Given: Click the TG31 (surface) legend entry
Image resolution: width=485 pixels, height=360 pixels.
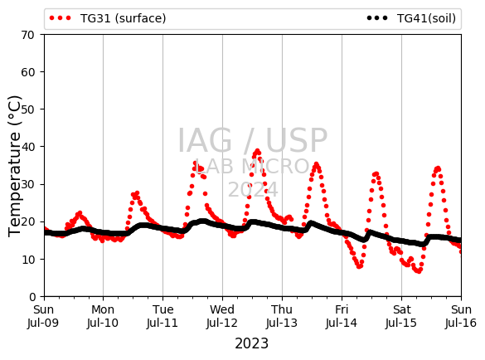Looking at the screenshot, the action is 108,18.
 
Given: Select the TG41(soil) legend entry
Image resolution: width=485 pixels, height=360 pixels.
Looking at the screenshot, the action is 411,18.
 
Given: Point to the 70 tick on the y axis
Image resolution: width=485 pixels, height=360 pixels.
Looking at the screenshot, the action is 27,35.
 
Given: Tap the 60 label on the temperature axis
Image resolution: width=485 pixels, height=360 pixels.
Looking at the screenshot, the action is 27,72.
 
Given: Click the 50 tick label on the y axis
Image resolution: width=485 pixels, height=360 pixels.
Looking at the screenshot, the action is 27,109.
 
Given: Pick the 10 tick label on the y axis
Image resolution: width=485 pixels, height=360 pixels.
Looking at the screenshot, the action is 27,260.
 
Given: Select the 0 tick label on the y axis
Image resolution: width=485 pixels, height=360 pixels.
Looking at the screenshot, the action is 32,297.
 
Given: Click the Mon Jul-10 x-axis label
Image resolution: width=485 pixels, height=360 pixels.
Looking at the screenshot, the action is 103,316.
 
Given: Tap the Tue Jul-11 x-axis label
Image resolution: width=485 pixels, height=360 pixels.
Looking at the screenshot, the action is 162,316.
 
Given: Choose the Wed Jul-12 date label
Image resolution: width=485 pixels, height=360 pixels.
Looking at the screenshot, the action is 222,316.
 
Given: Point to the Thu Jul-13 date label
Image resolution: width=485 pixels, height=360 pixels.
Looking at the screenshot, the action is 282,316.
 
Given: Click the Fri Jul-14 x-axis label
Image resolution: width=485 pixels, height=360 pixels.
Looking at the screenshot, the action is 342,316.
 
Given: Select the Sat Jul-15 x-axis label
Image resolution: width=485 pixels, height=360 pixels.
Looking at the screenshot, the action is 401,316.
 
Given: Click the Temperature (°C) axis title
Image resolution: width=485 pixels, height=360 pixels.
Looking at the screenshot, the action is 15,166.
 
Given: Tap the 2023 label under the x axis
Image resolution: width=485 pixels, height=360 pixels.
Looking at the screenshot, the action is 252,343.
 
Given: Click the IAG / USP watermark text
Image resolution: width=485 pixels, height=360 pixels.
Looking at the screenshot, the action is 252,140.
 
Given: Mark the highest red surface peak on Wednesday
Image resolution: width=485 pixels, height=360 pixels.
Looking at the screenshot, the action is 257,151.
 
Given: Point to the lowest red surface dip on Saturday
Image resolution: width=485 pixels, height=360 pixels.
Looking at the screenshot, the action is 419,271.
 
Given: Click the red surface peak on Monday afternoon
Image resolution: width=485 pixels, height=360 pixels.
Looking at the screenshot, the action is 137,193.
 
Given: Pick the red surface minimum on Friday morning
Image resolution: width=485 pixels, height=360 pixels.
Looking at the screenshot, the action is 359,266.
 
